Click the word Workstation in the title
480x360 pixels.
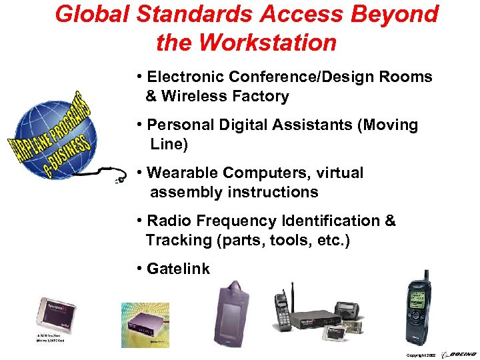268,43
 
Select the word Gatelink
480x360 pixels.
178,269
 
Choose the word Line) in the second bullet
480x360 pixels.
169,144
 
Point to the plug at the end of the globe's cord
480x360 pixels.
120,179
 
